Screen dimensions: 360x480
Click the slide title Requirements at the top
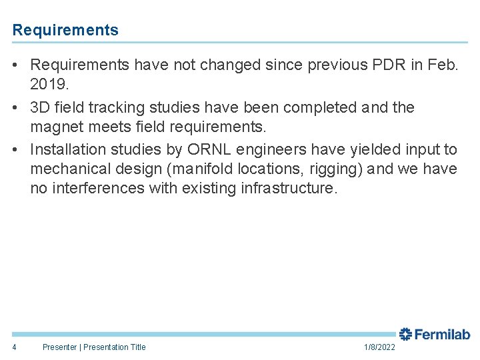[x=65, y=30]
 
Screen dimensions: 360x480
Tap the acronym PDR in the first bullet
[x=387, y=65]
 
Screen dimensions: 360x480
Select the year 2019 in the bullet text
[x=48, y=84]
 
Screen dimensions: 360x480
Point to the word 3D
[x=41, y=107]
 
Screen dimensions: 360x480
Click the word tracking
[x=115, y=107]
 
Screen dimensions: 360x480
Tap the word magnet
[x=57, y=127]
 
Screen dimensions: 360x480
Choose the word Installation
[x=69, y=149]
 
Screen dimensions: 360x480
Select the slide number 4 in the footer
[x=15, y=347]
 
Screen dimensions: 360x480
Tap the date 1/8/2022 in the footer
[x=379, y=347]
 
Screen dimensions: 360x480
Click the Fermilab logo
[x=434, y=335]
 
